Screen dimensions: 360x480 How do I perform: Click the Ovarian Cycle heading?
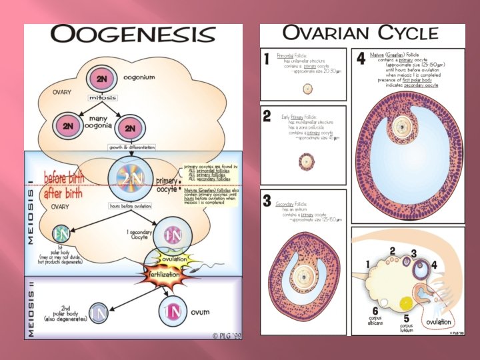(x=361, y=33)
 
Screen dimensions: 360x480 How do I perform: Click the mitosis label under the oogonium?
(x=98, y=97)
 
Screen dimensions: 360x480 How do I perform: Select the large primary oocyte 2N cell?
(x=130, y=178)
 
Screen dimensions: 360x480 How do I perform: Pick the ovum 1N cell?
(x=173, y=311)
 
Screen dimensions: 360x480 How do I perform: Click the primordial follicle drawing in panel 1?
(x=307, y=89)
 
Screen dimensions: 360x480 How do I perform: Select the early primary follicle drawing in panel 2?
(x=307, y=161)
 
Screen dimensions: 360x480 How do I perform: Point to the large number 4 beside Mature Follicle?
(x=361, y=59)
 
